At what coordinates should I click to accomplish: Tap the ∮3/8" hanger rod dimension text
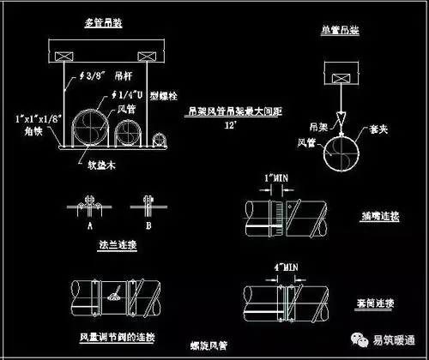pos(84,75)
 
